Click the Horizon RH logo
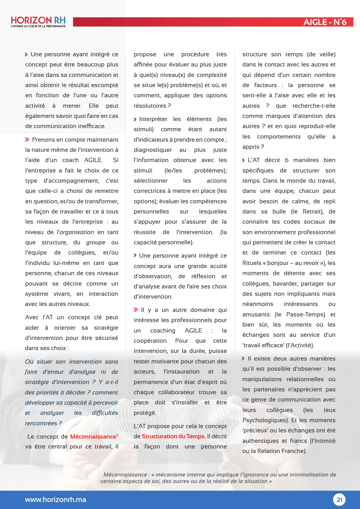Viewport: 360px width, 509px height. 38,20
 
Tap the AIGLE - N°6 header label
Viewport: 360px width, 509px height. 325,22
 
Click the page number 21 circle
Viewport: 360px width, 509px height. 339,500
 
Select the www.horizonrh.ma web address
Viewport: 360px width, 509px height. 55,500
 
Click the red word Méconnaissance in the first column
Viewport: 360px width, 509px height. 93,437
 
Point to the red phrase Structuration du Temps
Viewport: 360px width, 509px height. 173,436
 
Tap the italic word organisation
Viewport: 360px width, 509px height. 77,232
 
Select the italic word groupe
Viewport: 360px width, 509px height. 96,242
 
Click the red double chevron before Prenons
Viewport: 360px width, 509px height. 27,139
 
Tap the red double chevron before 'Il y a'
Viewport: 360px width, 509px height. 136,310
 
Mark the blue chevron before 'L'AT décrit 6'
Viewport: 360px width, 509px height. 243,160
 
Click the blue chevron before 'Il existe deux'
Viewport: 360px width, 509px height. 243,359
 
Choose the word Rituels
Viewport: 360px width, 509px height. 252,263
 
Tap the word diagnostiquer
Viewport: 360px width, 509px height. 153,150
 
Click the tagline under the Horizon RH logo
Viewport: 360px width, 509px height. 38,26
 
